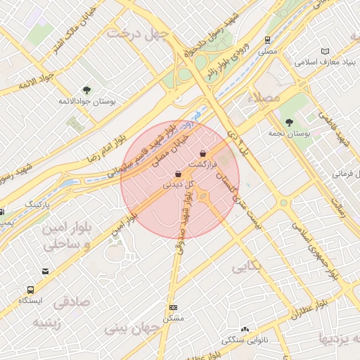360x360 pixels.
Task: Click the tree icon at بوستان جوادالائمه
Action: coord(86,89)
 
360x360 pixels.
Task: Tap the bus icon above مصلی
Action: coord(267,40)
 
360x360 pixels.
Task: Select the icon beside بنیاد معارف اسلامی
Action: coord(324,51)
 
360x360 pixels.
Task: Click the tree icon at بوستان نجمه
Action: coord(289,122)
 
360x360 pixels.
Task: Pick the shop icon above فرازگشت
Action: coord(202,153)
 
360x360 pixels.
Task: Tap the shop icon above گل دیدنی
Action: coord(178,174)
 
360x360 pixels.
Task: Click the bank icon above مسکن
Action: coord(173,307)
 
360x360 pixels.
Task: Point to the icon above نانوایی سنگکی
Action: coord(245,328)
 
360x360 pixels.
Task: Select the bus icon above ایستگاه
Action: coord(30,289)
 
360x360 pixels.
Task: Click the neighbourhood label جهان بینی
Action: coord(133,328)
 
